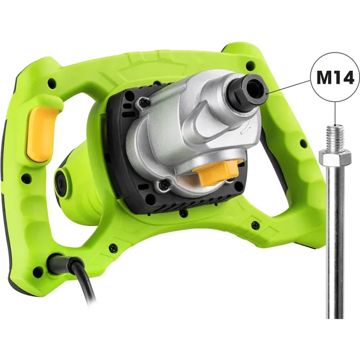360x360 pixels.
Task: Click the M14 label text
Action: pos(335,78)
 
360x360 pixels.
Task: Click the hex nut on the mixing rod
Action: pos(335,158)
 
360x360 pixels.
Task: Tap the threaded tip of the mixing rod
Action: pos(335,138)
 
